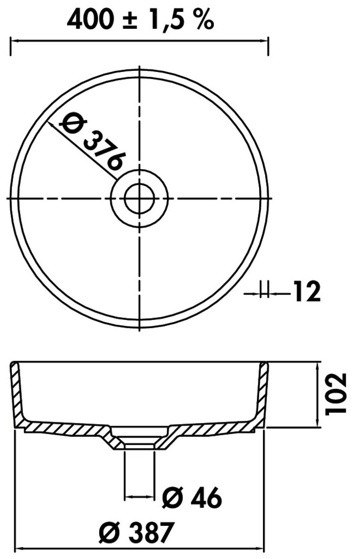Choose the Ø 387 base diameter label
(136, 532)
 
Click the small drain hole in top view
(139, 198)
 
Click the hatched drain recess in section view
(139, 438)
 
